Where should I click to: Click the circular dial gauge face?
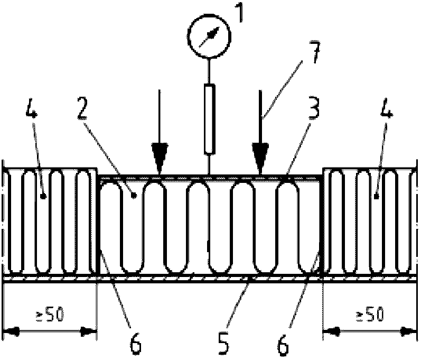pos(209,36)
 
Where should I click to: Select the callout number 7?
pos(314,52)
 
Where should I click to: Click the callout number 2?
pos(82,108)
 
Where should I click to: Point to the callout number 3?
pos(313,108)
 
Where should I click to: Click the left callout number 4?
pos(32,107)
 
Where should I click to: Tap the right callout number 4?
pos(387,107)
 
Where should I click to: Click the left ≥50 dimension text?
pos(50,315)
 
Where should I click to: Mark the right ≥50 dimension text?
pos(369,315)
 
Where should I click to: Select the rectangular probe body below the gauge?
pos(209,119)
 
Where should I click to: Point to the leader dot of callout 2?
pos(133,196)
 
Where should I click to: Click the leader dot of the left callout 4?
pos(43,197)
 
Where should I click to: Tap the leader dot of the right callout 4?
pos(377,197)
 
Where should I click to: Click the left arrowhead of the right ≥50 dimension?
pos(332,332)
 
